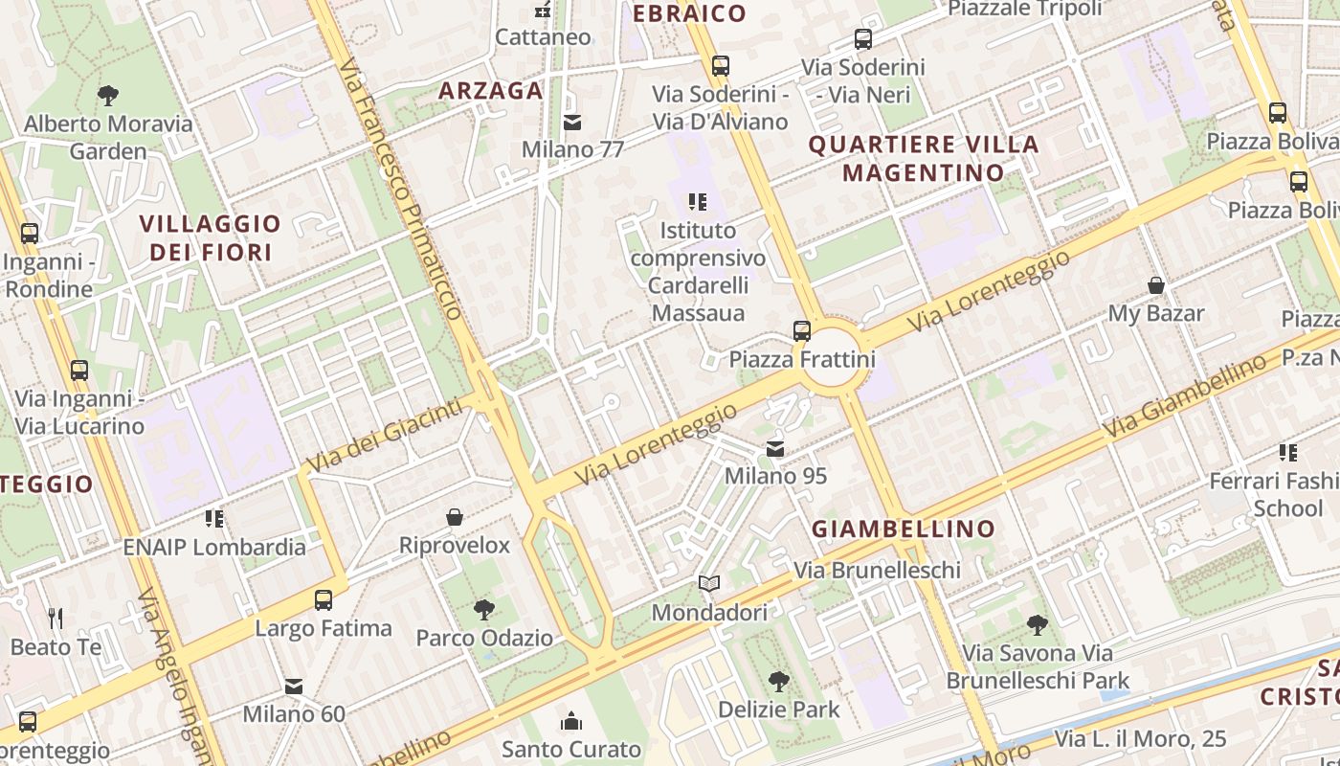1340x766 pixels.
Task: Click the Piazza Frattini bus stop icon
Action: point(802,331)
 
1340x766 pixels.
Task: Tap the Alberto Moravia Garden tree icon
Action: point(107,96)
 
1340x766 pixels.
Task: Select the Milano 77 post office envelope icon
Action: point(572,123)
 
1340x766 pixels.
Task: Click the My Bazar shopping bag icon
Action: point(1156,285)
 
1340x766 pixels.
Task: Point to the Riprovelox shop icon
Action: point(455,517)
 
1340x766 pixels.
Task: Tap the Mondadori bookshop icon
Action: point(708,583)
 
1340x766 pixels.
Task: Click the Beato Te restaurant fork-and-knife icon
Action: point(56,619)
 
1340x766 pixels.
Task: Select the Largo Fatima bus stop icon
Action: point(324,600)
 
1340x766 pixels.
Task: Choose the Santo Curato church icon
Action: point(571,721)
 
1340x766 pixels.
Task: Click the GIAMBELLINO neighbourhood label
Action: point(904,529)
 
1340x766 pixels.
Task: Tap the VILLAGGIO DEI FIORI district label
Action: point(210,237)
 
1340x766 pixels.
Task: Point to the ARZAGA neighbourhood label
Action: point(491,91)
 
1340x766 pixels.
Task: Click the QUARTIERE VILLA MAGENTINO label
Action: point(924,159)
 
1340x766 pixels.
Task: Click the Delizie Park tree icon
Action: point(779,682)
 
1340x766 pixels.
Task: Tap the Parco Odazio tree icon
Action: point(484,610)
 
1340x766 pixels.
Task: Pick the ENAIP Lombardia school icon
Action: point(214,519)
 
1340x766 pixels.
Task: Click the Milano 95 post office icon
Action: point(775,448)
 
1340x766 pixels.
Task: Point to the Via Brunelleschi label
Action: point(877,570)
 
